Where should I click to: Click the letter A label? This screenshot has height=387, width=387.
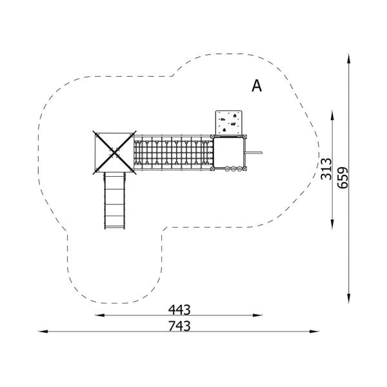point(257,86)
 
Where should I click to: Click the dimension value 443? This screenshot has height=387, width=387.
point(179,310)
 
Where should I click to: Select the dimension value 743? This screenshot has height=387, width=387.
point(179,326)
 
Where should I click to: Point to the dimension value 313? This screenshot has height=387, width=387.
point(326,169)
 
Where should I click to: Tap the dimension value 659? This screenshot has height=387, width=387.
point(342,178)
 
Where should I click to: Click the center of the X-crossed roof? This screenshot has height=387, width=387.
point(114,152)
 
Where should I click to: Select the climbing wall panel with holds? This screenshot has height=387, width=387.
point(228,123)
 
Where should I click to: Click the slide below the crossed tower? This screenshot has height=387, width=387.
point(115,201)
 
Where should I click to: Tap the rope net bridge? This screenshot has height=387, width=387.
point(174,152)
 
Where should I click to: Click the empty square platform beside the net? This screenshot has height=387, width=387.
point(228,152)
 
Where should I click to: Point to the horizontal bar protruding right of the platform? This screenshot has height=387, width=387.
point(253,152)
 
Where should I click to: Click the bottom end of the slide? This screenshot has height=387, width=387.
point(115,228)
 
